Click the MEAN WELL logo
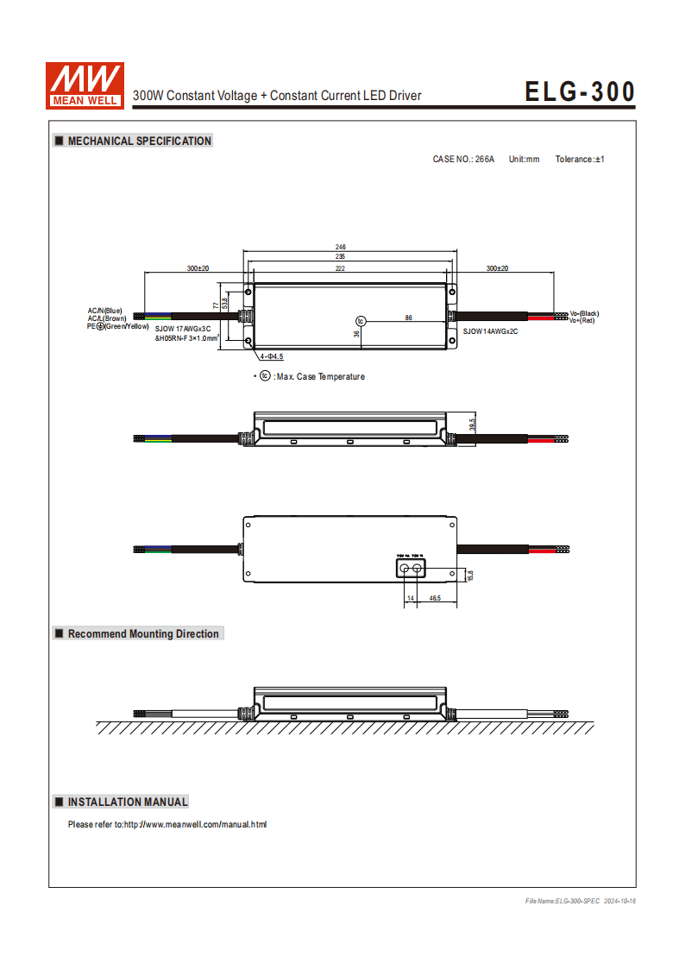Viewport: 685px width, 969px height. pyautogui.click(x=85, y=85)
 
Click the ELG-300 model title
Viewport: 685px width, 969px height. pyautogui.click(x=580, y=91)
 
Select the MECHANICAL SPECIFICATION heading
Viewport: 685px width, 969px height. pyautogui.click(x=139, y=141)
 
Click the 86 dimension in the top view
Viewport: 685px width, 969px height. pyautogui.click(x=409, y=318)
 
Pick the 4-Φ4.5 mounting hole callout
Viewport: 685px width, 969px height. pyautogui.click(x=272, y=356)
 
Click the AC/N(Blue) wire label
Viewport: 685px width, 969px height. pyautogui.click(x=104, y=310)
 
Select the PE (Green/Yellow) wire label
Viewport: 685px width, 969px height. pyautogui.click(x=118, y=326)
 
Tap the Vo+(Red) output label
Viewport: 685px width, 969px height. pyautogui.click(x=582, y=321)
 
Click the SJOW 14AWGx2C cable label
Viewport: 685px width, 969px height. pyautogui.click(x=490, y=331)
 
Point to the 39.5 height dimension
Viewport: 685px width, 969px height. pyautogui.click(x=472, y=425)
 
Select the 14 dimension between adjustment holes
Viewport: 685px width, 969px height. pyautogui.click(x=411, y=598)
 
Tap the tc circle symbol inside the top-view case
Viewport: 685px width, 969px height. pyautogui.click(x=361, y=321)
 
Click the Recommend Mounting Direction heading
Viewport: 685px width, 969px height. pyautogui.click(x=143, y=633)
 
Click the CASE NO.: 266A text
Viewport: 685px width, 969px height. pyautogui.click(x=463, y=160)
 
